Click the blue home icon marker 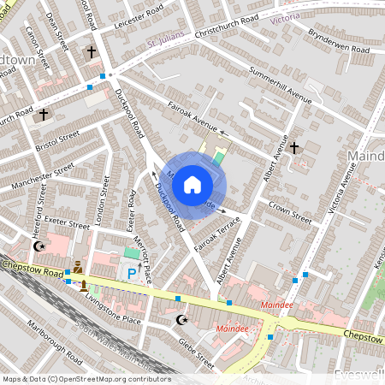pos(192,184)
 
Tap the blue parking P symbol pos(131,273)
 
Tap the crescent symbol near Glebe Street pos(181,320)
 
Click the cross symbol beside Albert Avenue pos(294,148)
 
